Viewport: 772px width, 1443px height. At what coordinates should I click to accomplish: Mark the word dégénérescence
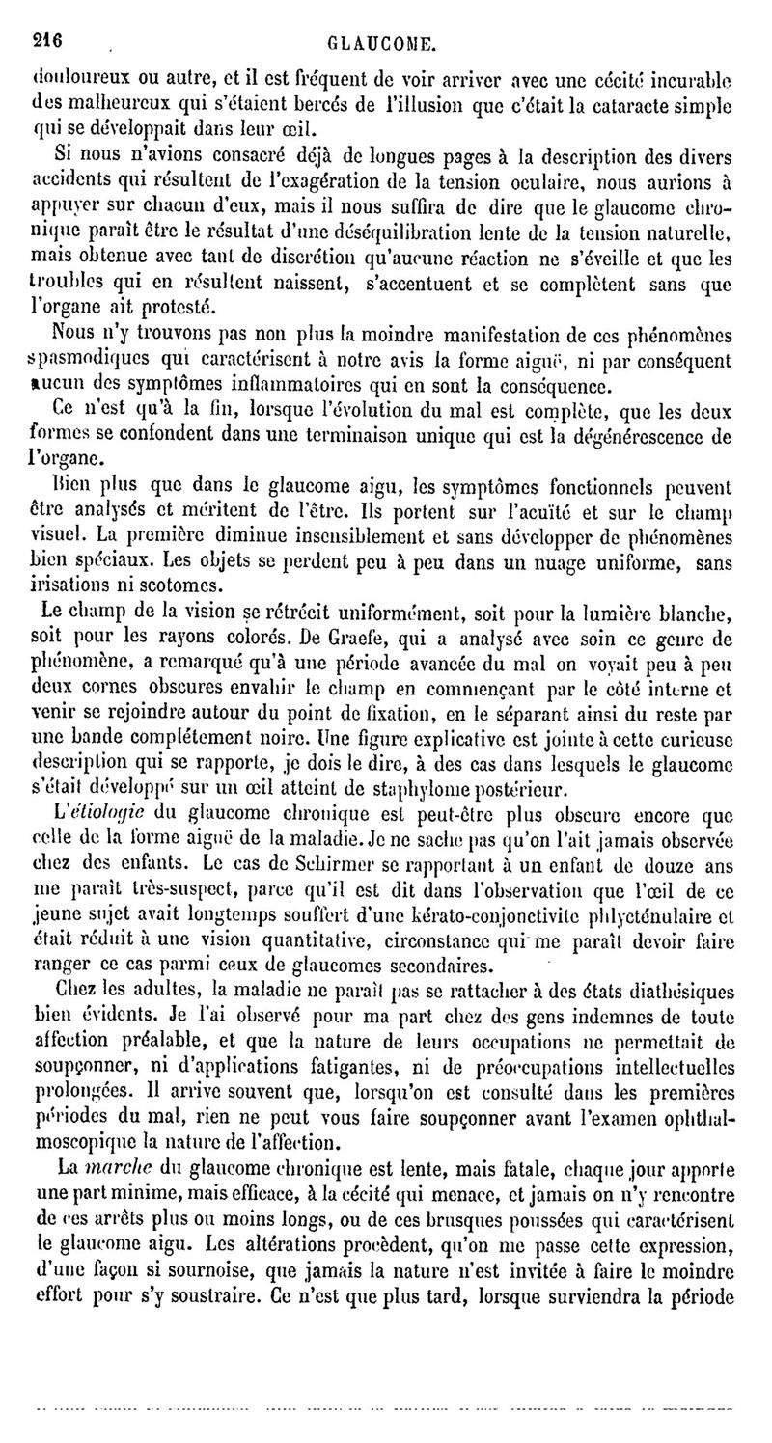tap(657, 435)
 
